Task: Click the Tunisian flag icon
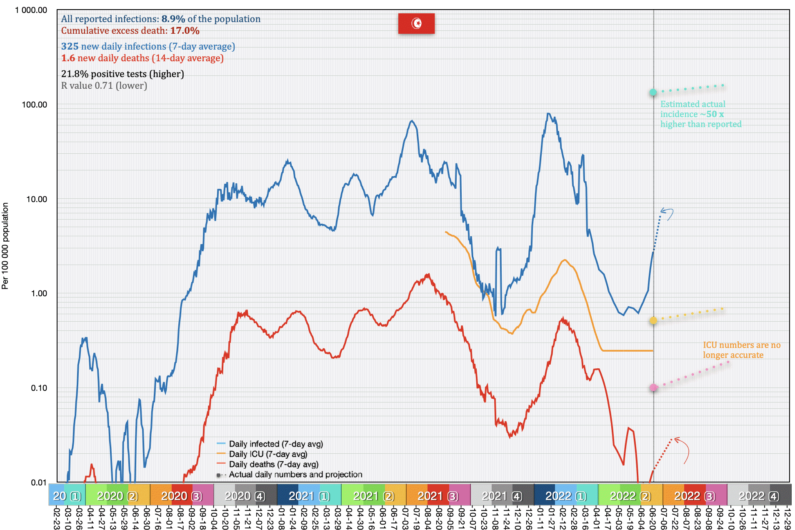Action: coord(416,23)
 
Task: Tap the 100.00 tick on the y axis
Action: coord(35,105)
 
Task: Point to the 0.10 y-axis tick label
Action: coord(39,388)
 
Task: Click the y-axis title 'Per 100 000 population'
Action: coord(5,246)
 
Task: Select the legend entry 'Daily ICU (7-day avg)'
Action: coord(268,454)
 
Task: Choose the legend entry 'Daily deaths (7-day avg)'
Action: coord(273,464)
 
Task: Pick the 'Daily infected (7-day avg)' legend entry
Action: coord(275,444)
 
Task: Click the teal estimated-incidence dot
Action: coord(653,92)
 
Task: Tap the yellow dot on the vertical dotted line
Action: coord(653,320)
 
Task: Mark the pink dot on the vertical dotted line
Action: coord(653,388)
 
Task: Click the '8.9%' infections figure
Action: coord(173,19)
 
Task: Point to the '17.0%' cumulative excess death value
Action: coord(185,31)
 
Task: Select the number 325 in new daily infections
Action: coord(70,47)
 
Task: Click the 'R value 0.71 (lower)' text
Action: coord(104,86)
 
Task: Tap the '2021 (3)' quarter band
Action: coord(438,496)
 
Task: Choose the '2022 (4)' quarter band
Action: coord(759,496)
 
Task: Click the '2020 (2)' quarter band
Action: coord(117,496)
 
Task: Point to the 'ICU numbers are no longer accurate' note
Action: coord(741,350)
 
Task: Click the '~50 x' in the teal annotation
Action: coord(715,114)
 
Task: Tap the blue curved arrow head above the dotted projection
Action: coord(663,211)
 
